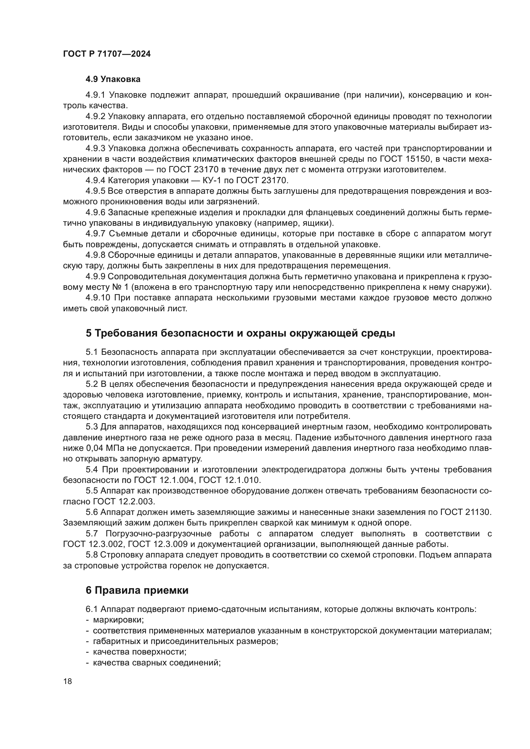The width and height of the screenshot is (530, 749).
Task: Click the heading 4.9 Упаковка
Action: (113, 79)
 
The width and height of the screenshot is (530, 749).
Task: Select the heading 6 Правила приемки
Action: (137, 590)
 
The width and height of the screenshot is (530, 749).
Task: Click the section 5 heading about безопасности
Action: (241, 333)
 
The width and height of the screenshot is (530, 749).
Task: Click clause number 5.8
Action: (92, 555)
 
